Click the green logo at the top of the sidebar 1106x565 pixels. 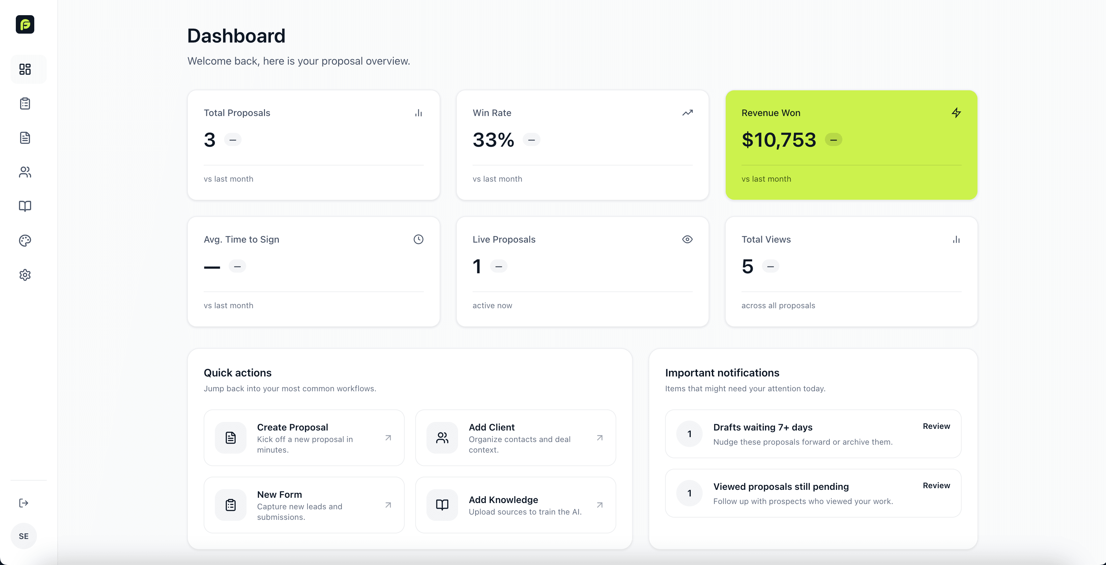tap(25, 24)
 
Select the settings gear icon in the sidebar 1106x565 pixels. tap(25, 275)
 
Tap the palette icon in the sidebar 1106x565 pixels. tap(25, 240)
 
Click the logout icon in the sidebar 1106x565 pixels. tap(24, 503)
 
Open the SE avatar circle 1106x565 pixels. tap(24, 536)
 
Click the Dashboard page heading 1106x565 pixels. tap(236, 36)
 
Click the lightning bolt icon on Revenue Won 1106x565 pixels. tap(956, 113)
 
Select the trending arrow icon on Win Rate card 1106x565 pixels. tap(687, 113)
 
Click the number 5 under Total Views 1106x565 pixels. tap(747, 266)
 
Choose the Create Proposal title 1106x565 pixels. tap(292, 427)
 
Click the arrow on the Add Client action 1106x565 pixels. tap(600, 438)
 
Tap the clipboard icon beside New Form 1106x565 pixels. tap(231, 505)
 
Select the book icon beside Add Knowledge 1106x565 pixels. tap(442, 505)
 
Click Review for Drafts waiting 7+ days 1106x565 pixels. tap(936, 426)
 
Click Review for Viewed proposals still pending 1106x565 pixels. tap(936, 485)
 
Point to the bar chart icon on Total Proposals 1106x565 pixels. tap(418, 113)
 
